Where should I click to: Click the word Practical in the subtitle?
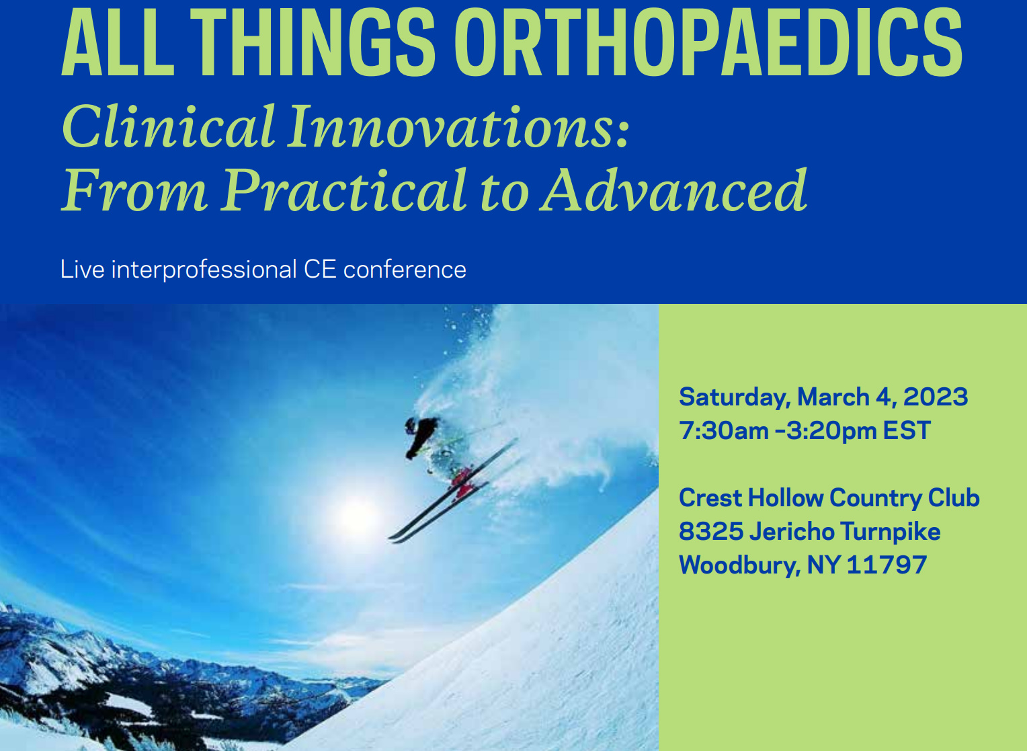pos(344,190)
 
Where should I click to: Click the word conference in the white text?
pos(405,270)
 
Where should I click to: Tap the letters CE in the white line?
pos(320,270)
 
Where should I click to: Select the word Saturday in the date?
pos(735,398)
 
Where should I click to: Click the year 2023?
pos(936,397)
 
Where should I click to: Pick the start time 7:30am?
pos(723,431)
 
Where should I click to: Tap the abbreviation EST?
pos(907,431)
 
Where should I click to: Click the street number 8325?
pos(710,532)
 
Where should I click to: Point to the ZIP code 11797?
pos(887,565)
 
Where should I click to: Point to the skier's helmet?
pos(410,425)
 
